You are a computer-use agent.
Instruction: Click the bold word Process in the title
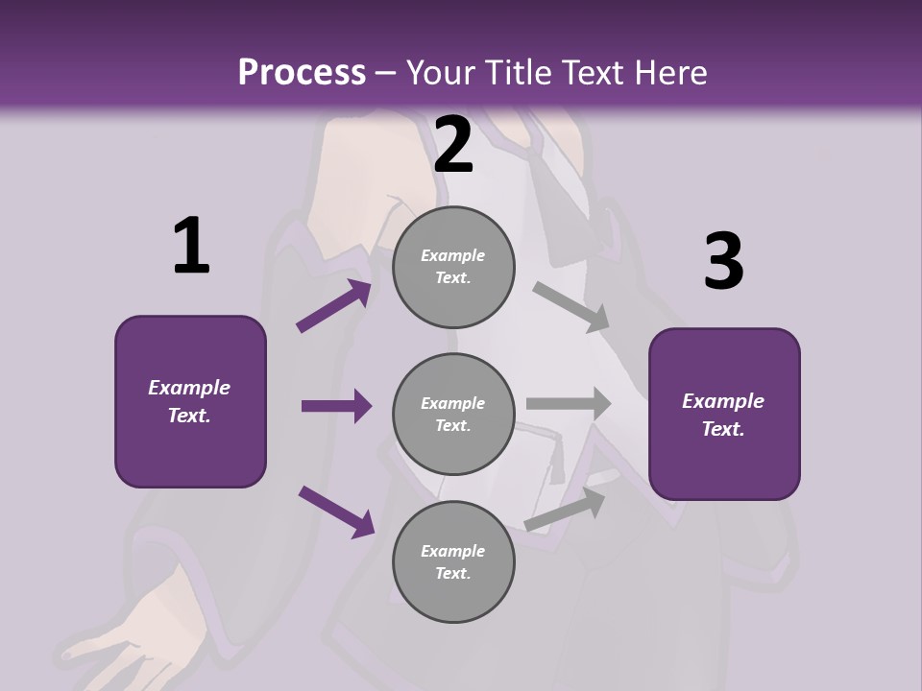[302, 72]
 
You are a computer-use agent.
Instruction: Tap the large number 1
[191, 247]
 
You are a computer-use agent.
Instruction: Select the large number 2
[453, 145]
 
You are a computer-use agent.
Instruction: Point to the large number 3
[723, 262]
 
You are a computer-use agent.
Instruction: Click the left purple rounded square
[190, 401]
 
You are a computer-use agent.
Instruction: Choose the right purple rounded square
[724, 414]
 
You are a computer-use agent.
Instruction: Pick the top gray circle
[453, 267]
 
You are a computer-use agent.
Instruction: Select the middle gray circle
[453, 414]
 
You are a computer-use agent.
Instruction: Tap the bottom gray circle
[453, 561]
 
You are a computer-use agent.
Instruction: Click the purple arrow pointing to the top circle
[334, 306]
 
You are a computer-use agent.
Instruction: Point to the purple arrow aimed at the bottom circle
[336, 511]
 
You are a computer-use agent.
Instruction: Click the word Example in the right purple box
[723, 401]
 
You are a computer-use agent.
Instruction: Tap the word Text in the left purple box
[188, 416]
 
